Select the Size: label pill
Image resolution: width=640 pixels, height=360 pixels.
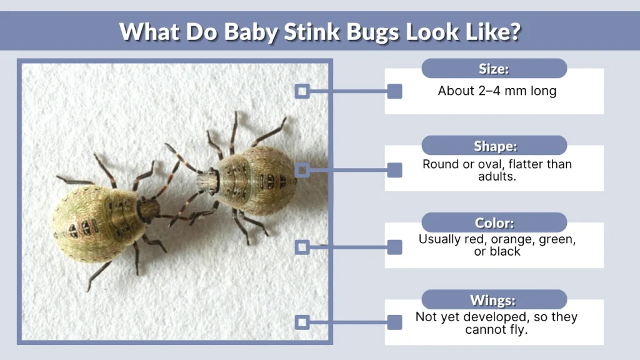(x=494, y=68)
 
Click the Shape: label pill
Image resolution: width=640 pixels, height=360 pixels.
(x=494, y=146)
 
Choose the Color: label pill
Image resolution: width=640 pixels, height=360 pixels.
(x=494, y=222)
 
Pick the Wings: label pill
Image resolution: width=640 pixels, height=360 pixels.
(x=494, y=299)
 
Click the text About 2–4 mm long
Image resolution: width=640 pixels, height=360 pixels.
(x=497, y=91)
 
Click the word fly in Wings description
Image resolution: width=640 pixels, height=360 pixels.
(x=518, y=329)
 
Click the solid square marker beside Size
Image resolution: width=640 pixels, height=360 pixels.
(x=394, y=92)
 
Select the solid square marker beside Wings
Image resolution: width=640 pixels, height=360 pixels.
(x=394, y=322)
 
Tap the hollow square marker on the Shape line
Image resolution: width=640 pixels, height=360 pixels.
(x=302, y=169)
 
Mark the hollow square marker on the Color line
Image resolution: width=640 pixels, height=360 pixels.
(x=302, y=247)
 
